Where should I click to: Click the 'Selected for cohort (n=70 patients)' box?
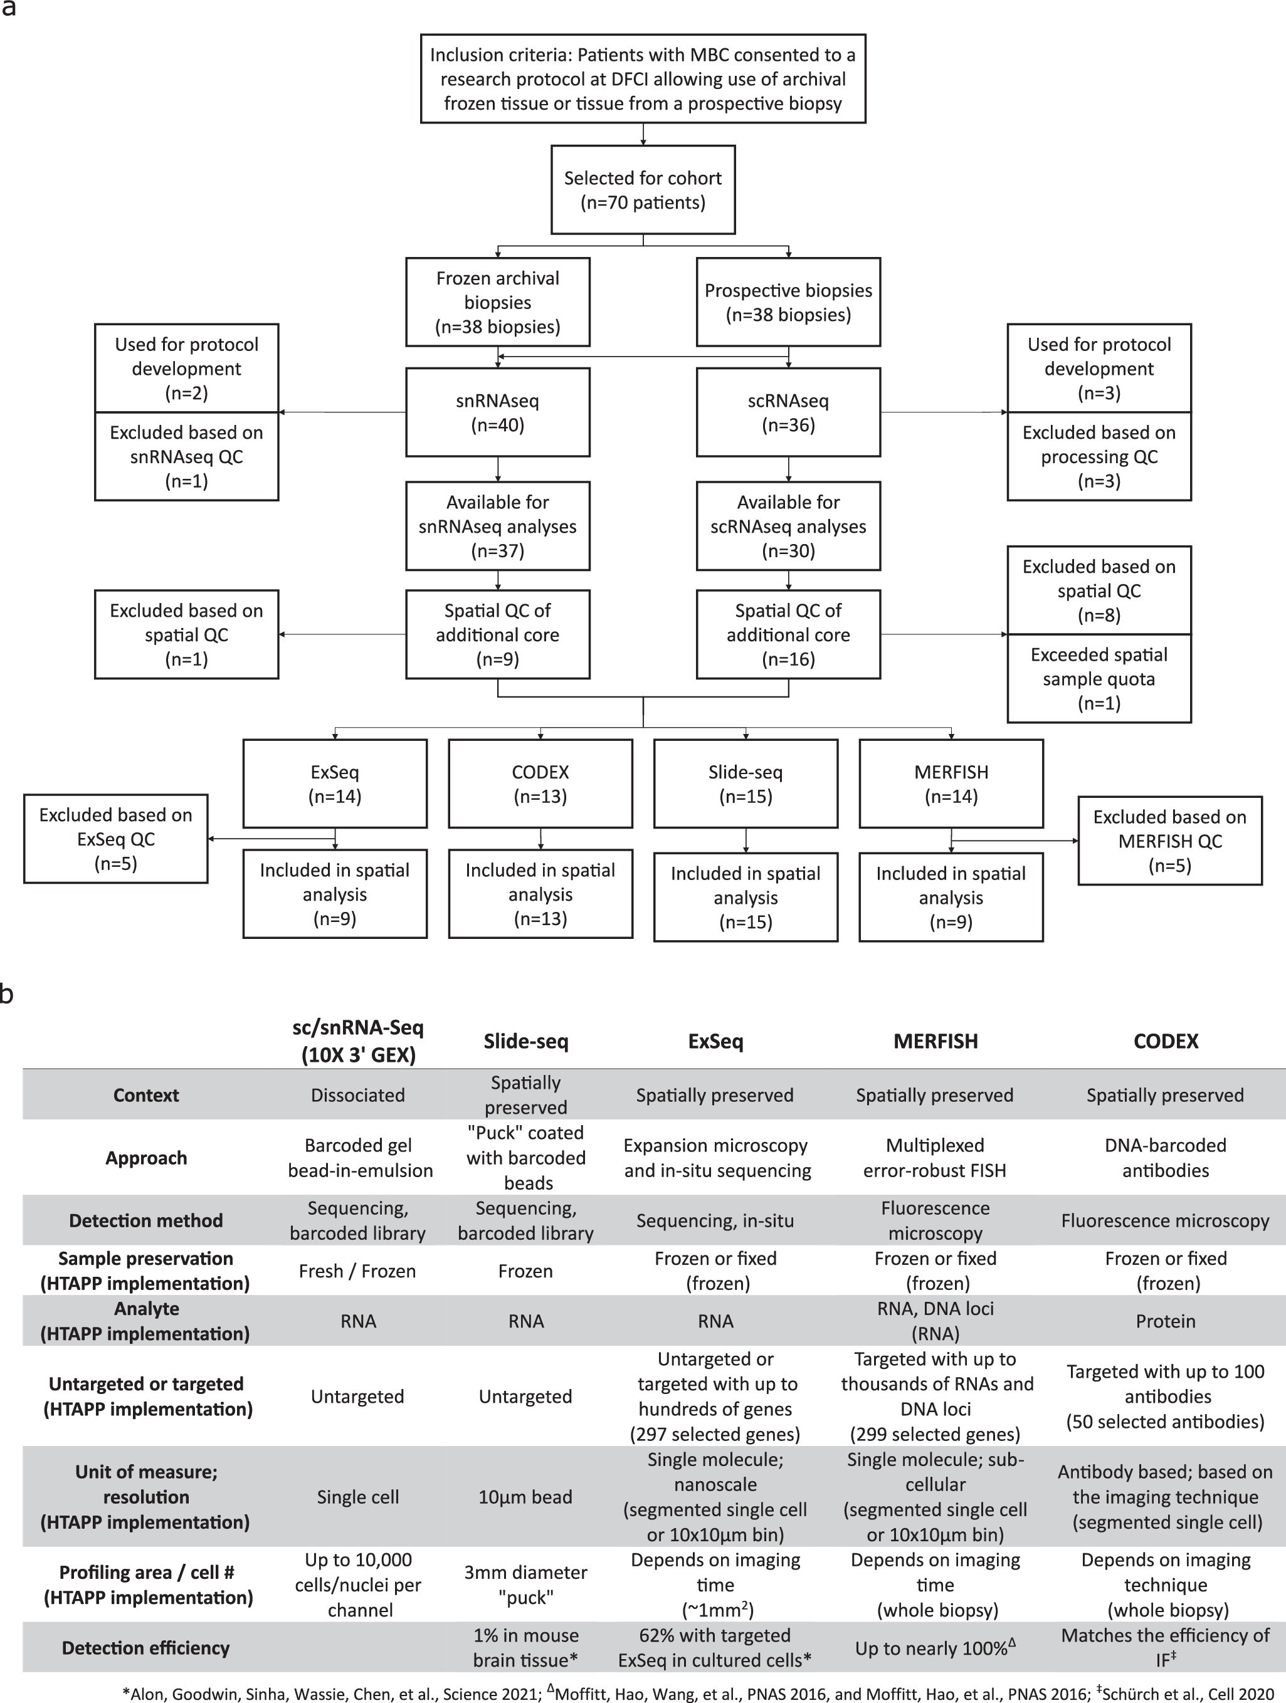643,190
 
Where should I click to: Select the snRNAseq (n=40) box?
497,412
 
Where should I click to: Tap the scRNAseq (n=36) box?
788,412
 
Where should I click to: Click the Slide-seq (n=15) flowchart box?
746,783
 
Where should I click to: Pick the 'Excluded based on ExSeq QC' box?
115,839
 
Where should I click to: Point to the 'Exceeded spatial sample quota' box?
1099,678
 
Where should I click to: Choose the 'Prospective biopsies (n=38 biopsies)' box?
788,303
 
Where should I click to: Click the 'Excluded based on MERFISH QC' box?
1170,841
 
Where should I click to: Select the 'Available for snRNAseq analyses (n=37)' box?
497,526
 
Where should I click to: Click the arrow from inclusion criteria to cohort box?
643,134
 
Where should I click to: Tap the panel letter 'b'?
7,994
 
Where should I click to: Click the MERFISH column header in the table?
935,1042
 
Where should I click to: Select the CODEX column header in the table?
1165,1042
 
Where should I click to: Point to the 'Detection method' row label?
145,1220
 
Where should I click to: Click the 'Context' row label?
145,1095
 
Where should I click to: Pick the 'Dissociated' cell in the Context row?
357,1095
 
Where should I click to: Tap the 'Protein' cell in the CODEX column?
1165,1321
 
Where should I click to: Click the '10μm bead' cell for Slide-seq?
525,1497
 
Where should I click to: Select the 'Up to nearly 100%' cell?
934,1648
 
